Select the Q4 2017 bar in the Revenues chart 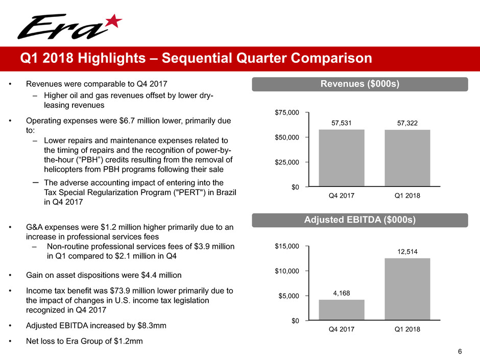pos(342,158)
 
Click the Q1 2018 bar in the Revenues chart pos(407,158)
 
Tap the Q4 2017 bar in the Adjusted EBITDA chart pos(342,310)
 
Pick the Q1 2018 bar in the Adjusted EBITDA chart pos(407,289)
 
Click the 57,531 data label pos(342,123)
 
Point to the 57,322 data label pos(407,123)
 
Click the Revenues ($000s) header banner pos(360,84)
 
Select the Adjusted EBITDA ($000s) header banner pos(360,220)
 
